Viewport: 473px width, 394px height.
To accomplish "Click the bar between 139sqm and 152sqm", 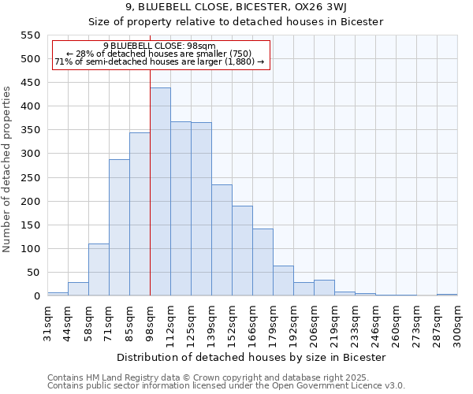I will pyautogui.click(x=222, y=240).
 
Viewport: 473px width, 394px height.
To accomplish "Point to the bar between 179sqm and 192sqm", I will pyautogui.click(x=283, y=281).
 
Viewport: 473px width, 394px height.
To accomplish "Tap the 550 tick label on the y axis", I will pyautogui.click(x=29, y=35).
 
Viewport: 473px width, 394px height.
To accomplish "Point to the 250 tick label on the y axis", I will pyautogui.click(x=29, y=178).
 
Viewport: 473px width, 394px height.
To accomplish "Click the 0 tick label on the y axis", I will pyautogui.click(x=36, y=296).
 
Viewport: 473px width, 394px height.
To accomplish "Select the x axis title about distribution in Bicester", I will pyautogui.click(x=251, y=358).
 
